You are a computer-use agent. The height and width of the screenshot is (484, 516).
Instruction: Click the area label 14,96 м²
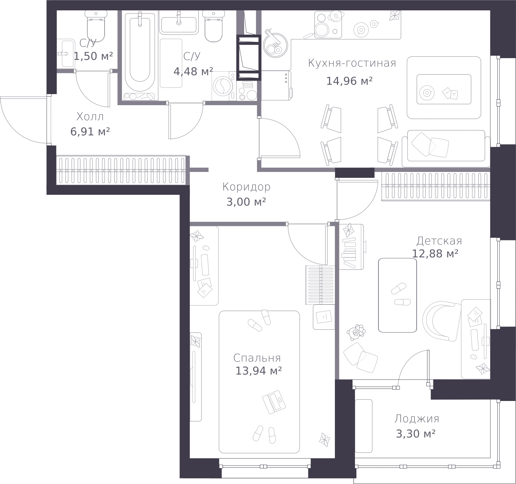349,81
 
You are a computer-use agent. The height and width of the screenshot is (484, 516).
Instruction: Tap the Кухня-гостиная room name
352,63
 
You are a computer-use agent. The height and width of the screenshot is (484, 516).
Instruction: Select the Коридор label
246,187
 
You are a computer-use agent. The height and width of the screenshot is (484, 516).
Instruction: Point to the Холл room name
90,117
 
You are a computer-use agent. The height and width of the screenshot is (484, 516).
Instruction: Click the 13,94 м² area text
259,371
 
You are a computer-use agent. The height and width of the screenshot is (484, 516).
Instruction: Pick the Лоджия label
417,419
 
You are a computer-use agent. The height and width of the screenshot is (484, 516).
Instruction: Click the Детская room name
439,241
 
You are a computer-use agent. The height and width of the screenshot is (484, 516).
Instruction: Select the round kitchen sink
275,45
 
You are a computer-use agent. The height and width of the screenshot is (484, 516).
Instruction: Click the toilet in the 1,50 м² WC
96,26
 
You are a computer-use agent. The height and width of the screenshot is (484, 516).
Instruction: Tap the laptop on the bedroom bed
274,402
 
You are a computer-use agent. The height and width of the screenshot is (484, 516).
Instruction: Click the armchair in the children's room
442,321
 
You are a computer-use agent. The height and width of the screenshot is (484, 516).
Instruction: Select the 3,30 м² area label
416,434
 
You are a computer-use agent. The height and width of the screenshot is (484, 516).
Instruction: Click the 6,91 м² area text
90,132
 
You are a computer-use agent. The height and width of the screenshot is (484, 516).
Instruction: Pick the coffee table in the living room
444,89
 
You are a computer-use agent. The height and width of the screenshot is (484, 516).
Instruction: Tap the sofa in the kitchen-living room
446,148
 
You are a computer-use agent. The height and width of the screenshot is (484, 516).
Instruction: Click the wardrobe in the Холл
121,170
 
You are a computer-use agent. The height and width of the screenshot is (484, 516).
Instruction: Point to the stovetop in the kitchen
328,25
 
